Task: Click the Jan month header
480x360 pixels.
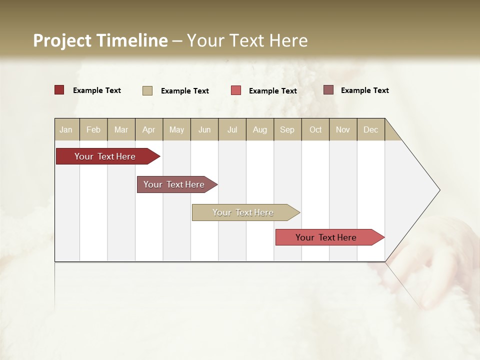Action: (x=66, y=129)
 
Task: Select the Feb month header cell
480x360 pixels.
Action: (x=93, y=129)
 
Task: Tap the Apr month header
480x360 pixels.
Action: (x=149, y=129)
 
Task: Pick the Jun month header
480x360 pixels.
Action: (x=204, y=129)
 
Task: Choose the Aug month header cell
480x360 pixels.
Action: (x=260, y=129)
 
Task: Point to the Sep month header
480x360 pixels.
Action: (x=287, y=129)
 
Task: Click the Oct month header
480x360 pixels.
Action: (x=315, y=129)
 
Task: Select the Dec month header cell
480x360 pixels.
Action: (x=371, y=129)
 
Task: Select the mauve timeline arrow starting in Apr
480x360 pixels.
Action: (x=174, y=184)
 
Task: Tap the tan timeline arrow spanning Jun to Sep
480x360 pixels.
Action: (x=243, y=212)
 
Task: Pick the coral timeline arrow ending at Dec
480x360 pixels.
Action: (x=326, y=237)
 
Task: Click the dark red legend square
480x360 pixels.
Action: (x=59, y=90)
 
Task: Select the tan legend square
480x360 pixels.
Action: (x=147, y=90)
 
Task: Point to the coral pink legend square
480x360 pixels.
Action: (x=236, y=90)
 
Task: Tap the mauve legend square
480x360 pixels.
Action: (x=328, y=90)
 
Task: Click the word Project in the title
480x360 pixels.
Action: (x=62, y=40)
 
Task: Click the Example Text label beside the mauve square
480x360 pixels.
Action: (x=364, y=90)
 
